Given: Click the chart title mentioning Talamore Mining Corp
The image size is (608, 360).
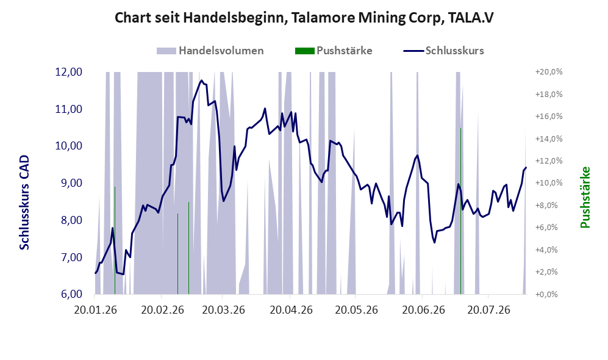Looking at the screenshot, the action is [304, 18].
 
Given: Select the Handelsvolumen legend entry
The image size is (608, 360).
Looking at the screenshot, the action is [210, 51].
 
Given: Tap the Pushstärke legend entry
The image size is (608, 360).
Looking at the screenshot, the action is [334, 51].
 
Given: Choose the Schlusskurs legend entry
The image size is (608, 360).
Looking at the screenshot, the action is [443, 51].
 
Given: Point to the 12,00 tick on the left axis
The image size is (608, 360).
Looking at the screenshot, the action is [69, 72].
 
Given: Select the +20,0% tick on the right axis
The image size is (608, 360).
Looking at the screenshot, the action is [549, 72].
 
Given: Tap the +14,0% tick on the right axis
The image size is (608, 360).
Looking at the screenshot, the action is [549, 139].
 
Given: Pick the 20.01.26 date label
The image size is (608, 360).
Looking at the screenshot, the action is [95, 310].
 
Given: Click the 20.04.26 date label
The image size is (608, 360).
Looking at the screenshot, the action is [291, 310].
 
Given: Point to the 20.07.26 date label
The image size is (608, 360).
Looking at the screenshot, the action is [488, 310].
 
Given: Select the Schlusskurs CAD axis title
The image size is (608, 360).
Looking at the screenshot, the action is [24, 203].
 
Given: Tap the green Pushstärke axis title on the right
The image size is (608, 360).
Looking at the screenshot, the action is [585, 198].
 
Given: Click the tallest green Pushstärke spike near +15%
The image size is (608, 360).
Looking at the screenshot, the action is [460, 211].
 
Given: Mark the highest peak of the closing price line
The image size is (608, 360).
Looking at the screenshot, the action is [201, 81].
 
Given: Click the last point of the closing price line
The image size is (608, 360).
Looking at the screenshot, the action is [526, 168].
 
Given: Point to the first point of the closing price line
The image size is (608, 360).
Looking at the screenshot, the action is [95, 273].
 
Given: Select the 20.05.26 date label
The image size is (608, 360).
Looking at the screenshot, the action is [356, 310].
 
